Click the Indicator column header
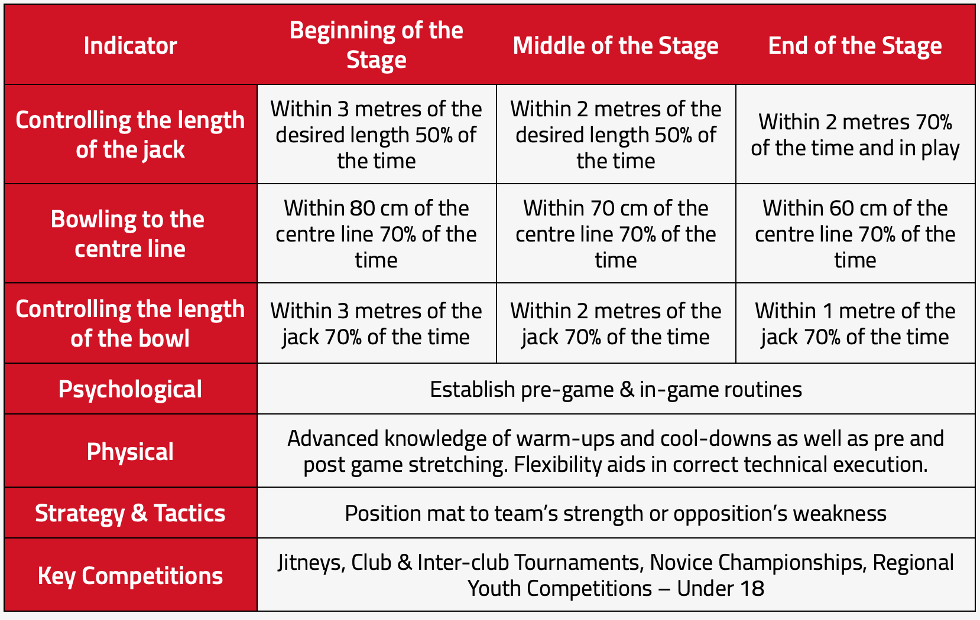click(131, 45)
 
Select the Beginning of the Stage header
click(377, 45)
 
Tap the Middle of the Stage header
click(615, 46)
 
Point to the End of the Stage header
click(855, 46)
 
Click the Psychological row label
click(131, 389)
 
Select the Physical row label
click(131, 451)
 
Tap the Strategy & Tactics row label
click(131, 513)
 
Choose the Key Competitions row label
click(131, 576)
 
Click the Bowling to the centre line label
click(128, 234)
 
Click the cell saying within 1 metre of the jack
click(855, 324)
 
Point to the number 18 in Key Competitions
click(752, 588)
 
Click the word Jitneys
click(311, 563)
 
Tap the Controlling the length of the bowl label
click(131, 324)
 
